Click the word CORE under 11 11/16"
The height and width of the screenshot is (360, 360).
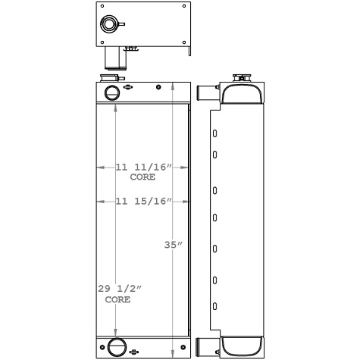pos(142,177)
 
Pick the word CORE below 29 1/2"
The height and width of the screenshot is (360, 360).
pos(117,299)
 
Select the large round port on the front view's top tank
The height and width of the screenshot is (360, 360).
pos(111,93)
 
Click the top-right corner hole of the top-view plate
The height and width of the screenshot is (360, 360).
pos(183,7)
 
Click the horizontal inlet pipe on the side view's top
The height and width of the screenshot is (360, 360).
pos(206,94)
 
